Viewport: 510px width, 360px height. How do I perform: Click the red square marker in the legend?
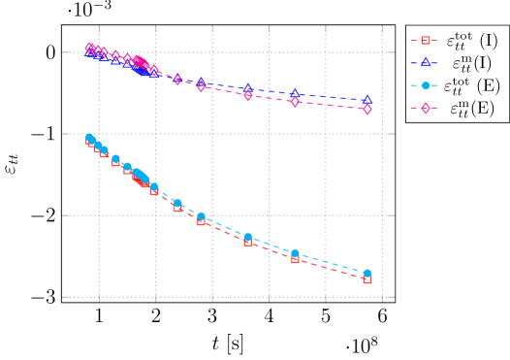(x=426, y=41)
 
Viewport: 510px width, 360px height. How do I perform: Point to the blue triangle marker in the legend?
(x=426, y=63)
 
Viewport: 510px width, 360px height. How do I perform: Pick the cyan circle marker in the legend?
(x=426, y=85)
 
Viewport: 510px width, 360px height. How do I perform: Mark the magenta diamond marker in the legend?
(x=426, y=108)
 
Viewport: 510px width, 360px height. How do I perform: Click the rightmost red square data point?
(x=367, y=279)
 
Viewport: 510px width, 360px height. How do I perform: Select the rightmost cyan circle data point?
(x=367, y=274)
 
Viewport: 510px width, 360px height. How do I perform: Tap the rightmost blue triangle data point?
(x=367, y=100)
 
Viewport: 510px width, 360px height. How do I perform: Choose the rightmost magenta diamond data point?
(x=367, y=110)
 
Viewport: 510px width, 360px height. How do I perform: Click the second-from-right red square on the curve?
(x=296, y=259)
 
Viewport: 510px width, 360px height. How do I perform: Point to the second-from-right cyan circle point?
(x=296, y=253)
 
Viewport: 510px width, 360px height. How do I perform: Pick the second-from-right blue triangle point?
(x=296, y=93)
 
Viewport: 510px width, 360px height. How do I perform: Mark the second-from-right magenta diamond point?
(x=296, y=102)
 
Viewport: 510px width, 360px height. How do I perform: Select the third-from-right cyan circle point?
(x=248, y=237)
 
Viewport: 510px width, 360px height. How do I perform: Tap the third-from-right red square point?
(x=248, y=241)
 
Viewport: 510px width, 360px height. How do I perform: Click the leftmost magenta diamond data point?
(x=89, y=47)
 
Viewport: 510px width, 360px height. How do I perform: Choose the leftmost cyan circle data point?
(x=89, y=138)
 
